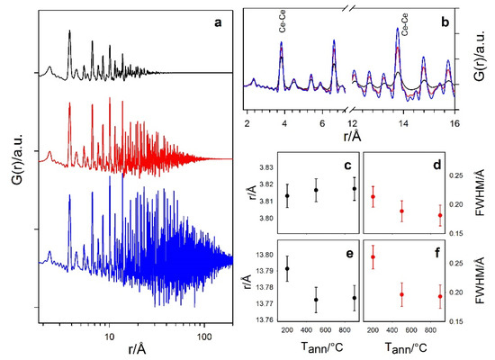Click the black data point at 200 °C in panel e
click(287, 268)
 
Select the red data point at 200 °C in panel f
click(373, 257)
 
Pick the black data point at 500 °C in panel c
click(316, 190)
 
